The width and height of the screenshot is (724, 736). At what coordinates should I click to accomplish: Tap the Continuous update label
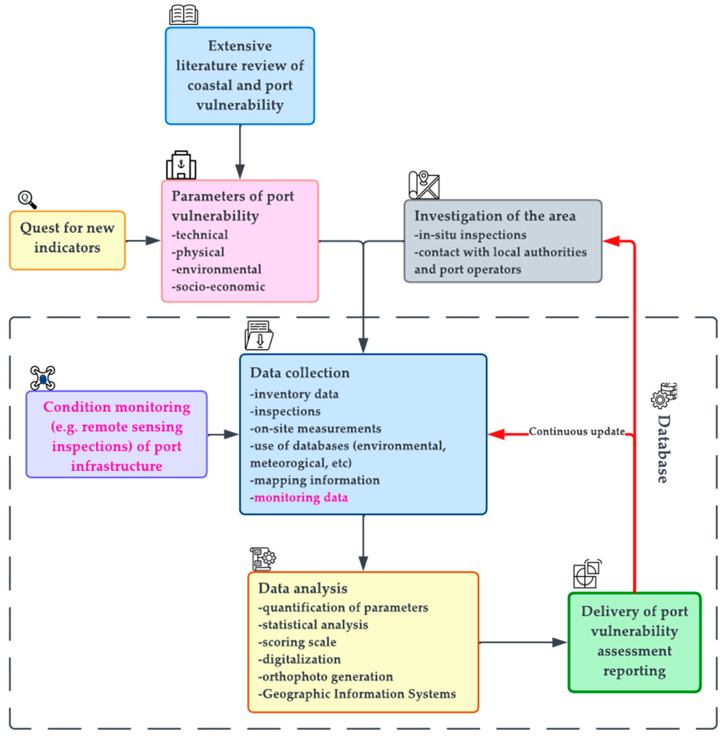point(577,431)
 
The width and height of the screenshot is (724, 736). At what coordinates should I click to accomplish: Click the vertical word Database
point(664,449)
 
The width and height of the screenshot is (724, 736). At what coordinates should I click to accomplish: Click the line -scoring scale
point(297,642)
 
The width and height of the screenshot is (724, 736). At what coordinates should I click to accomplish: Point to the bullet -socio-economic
point(218,286)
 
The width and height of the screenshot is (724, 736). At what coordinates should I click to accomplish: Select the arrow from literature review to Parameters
point(240,152)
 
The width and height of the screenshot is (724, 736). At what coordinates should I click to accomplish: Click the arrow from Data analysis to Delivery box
point(523,642)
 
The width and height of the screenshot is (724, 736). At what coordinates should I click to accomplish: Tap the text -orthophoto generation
point(326,677)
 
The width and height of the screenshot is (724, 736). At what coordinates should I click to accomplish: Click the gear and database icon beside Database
point(664,396)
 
